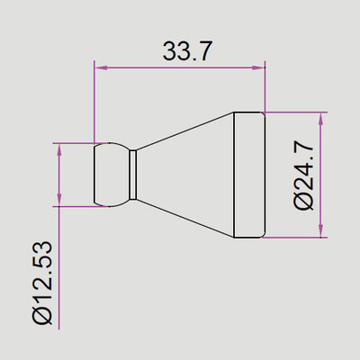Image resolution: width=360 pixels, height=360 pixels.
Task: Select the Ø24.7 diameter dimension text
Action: pos(304,175)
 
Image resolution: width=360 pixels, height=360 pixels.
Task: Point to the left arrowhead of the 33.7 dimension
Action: pos(100,67)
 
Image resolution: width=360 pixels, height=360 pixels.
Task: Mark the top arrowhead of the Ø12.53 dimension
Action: pos(60,148)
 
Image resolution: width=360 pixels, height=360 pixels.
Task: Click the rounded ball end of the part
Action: pos(112,175)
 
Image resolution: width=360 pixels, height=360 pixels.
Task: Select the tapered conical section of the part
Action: pos(184,175)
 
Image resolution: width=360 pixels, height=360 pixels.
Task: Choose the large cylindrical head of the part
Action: pos(249,175)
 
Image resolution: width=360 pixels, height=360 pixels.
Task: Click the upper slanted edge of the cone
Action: pos(184,130)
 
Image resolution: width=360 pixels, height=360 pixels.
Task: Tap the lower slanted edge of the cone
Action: pos(184,219)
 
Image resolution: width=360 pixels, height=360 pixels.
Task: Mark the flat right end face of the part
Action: pos(265,175)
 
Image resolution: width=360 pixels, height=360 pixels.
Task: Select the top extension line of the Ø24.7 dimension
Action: pos(297,112)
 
